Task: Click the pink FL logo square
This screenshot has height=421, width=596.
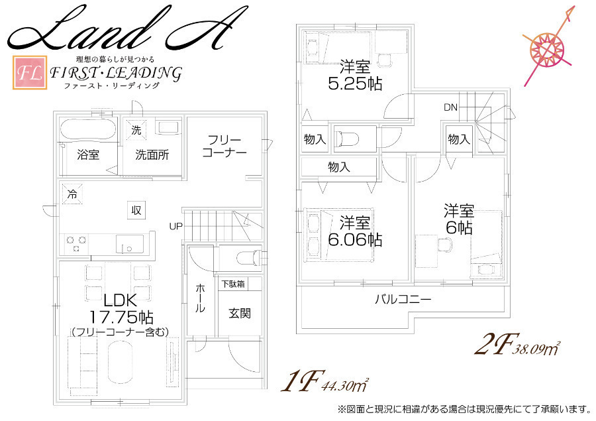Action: click(x=30, y=73)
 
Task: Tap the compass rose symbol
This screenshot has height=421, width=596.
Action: click(x=548, y=48)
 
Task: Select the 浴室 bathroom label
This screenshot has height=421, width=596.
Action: click(x=88, y=154)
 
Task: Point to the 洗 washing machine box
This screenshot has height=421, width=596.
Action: click(x=136, y=130)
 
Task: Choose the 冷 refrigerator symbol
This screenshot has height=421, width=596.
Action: click(x=72, y=194)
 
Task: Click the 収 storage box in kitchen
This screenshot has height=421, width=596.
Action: click(x=136, y=210)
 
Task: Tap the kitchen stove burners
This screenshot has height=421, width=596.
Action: click(x=76, y=244)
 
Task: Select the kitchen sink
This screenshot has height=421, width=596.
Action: click(x=130, y=244)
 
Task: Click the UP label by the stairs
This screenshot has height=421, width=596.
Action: click(x=175, y=227)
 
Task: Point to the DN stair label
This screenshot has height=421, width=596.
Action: click(x=451, y=107)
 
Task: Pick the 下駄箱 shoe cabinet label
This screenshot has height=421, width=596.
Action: click(x=233, y=284)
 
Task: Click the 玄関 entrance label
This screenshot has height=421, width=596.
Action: click(x=240, y=314)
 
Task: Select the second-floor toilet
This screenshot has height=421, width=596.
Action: click(x=346, y=139)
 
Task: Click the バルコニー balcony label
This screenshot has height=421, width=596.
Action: click(x=403, y=299)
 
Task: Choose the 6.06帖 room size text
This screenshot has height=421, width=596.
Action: click(x=355, y=240)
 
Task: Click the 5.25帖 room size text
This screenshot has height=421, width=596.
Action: click(x=355, y=84)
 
